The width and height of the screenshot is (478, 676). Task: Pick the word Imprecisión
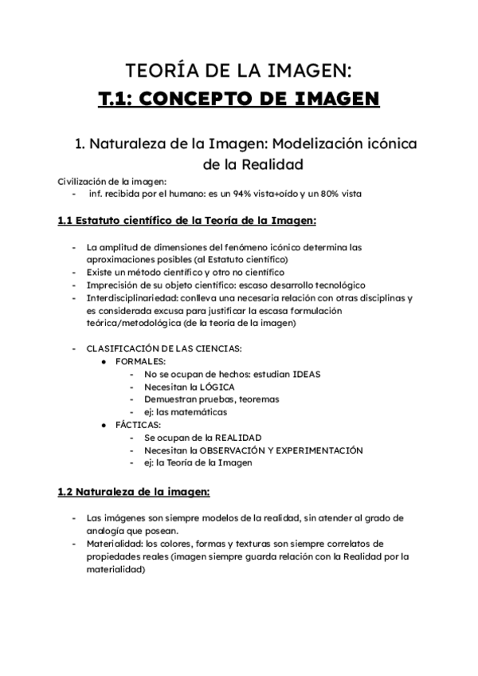click(113, 285)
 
